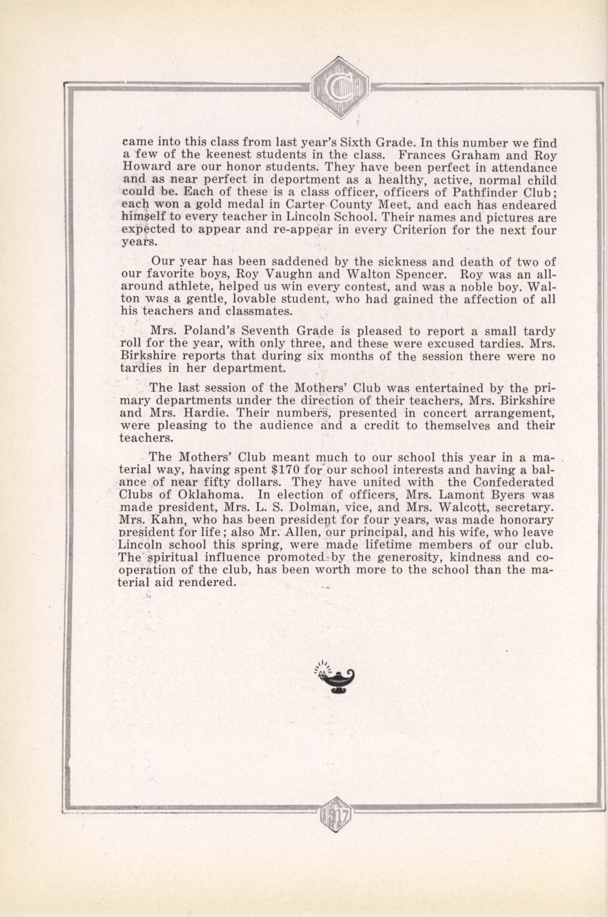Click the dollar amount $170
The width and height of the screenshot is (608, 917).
point(285,469)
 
